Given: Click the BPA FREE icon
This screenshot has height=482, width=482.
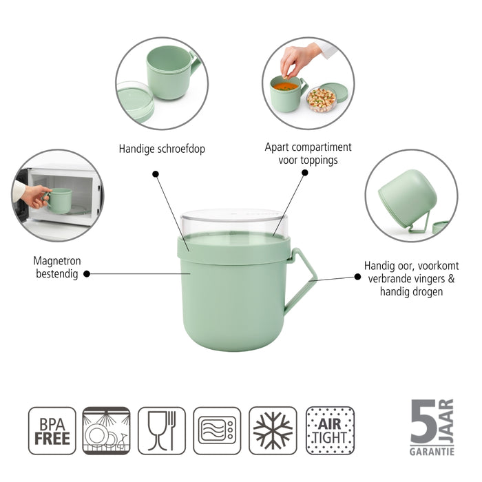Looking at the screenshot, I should coord(52,430).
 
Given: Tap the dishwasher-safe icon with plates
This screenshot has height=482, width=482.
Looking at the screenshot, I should coord(106,430).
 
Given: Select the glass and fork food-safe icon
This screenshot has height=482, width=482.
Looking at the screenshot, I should coord(162,430).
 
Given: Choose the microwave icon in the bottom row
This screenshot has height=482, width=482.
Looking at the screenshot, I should coord(217,430).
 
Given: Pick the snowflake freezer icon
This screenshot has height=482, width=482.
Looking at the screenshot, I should coord(273,430).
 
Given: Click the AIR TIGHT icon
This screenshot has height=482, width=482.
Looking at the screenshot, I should coord(330,430).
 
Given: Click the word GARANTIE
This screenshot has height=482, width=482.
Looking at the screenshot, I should coord(432,451).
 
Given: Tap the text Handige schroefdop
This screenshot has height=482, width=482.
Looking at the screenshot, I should coord(162,148).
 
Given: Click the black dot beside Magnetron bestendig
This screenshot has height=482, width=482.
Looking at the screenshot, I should coord(87,273).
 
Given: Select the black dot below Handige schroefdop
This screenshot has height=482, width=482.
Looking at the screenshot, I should coord(156,174).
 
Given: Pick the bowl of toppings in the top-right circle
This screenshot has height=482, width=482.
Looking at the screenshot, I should coord(320,101).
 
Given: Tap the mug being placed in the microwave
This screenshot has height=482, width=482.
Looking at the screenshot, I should coord(60,200).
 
